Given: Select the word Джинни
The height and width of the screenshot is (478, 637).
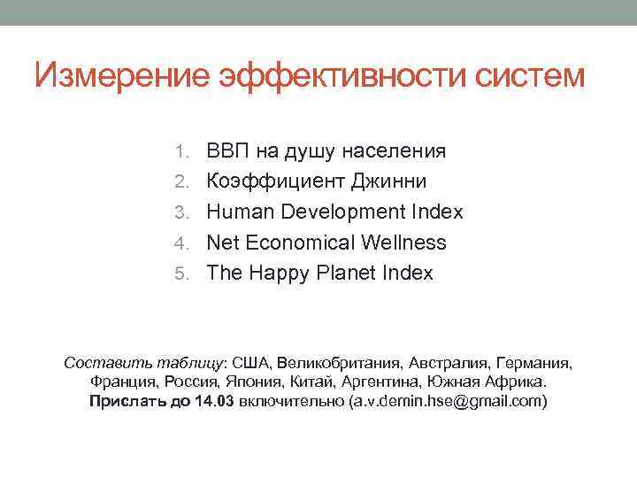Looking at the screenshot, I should point(390,181).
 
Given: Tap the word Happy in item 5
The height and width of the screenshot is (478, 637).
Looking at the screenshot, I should point(278,274).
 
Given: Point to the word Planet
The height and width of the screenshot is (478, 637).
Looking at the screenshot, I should point(348,274).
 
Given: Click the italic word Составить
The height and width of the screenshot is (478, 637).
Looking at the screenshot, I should point(101,363).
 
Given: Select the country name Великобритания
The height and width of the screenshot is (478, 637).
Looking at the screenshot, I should point(340,363).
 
